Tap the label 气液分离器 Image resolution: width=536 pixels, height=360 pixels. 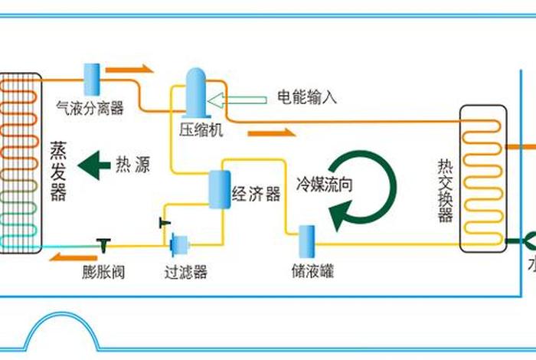90,109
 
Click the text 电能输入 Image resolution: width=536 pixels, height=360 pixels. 306,97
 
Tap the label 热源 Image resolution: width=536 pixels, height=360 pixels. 132,165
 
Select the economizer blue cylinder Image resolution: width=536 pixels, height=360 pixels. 220,188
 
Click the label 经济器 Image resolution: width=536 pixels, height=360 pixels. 256,193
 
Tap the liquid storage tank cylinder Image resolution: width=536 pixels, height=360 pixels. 308,241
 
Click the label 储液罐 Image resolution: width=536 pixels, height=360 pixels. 312,271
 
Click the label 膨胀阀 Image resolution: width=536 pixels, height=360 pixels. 103,271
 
